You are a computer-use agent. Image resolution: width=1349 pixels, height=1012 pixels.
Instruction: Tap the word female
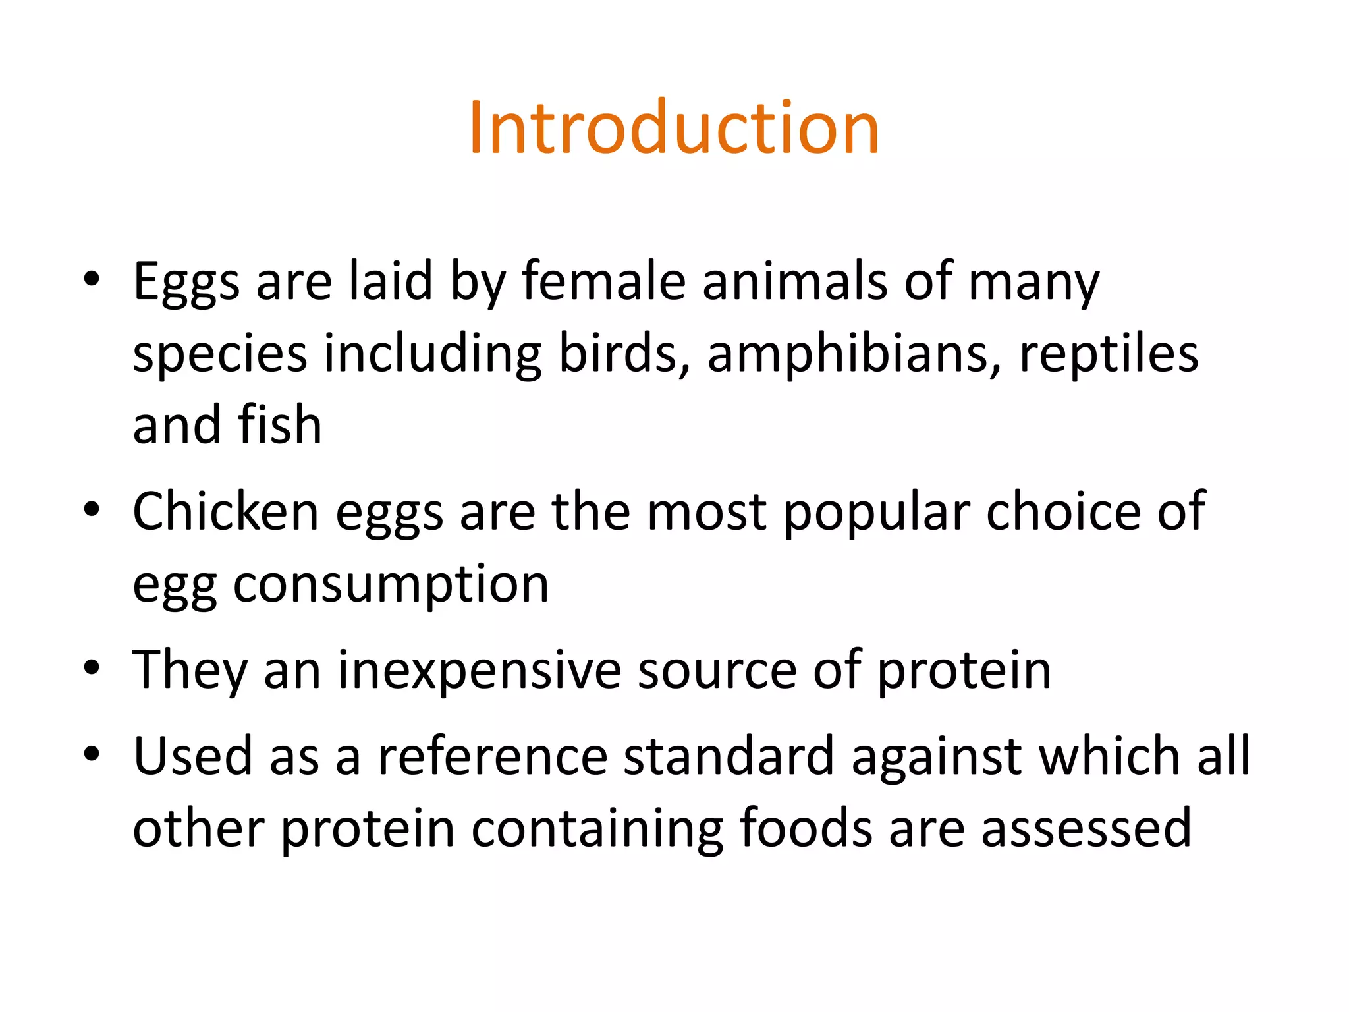tap(603, 281)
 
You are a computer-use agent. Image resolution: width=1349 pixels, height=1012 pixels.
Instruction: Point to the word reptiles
tap(1109, 354)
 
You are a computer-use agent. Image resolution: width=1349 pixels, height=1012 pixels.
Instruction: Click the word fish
tap(280, 425)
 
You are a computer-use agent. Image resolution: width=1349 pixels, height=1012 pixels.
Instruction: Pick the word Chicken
tap(225, 512)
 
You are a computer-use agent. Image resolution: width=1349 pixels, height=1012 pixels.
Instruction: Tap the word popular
tap(876, 512)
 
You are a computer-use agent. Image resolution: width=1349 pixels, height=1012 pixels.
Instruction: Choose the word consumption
tap(391, 584)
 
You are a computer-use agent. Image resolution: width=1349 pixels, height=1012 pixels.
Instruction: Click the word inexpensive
tap(480, 671)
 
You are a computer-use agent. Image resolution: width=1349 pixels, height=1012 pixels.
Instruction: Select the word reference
tap(492, 756)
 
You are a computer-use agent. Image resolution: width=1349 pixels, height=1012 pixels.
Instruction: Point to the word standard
tap(729, 756)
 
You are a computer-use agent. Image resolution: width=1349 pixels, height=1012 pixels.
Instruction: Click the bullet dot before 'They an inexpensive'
tap(92, 667)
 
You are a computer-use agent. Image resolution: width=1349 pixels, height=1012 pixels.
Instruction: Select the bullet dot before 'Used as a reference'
tap(92, 752)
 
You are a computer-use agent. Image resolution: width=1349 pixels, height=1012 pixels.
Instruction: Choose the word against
tap(937, 756)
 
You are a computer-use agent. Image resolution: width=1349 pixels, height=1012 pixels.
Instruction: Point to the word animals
tap(795, 281)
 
